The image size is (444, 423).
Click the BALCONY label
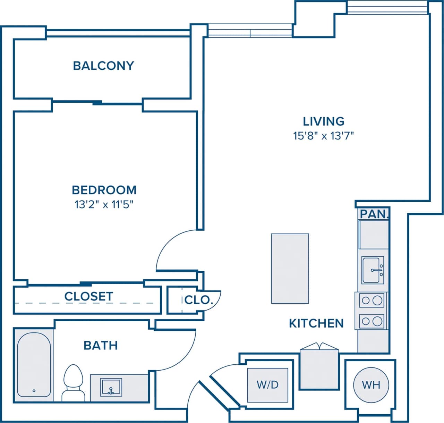103,66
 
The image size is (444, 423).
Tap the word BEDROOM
104,190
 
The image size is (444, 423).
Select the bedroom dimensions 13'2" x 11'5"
104,204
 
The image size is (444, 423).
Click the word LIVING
323,121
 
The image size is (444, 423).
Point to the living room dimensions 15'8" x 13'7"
323,135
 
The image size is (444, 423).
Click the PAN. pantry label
374,214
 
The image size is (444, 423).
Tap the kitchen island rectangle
290,268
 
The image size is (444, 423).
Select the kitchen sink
373,270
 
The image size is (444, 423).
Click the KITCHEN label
316,323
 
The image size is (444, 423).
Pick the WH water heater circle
371,384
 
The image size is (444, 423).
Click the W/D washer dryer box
267,384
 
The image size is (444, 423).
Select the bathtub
34,364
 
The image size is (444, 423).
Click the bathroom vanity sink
111,387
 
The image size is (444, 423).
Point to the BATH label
101,345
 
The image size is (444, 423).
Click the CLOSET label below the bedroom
88,296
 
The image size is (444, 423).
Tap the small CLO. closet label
198,299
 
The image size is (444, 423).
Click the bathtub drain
34,391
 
